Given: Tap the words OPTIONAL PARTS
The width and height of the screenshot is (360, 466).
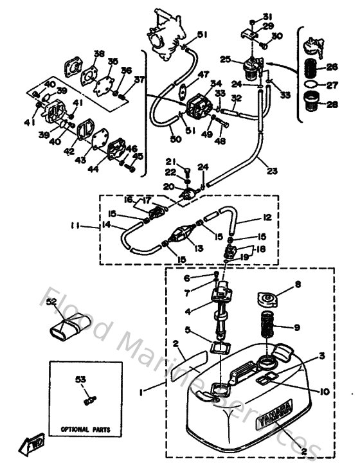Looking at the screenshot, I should point(85,428).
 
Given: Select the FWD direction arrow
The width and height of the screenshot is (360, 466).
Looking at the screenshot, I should point(32,444).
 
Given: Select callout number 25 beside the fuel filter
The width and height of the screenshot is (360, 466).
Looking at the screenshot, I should point(225,59).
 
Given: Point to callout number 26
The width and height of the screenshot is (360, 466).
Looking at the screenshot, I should point(332,66).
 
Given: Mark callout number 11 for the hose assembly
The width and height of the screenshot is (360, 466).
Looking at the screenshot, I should point(76,226).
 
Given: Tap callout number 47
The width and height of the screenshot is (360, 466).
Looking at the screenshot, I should point(204,75).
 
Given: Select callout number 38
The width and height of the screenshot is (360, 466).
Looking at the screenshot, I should point(98,53).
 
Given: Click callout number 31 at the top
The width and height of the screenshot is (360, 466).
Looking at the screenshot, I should point(267,16).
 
